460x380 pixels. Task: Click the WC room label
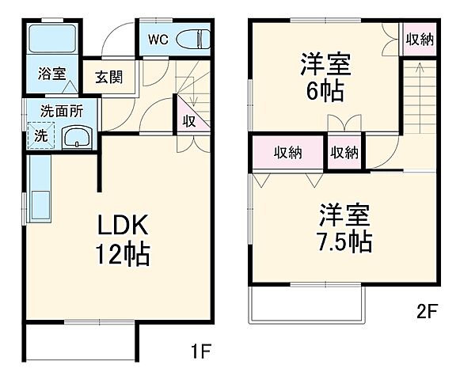pos(157,37)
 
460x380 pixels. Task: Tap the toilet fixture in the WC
pos(191,39)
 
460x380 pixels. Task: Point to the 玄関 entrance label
pos(110,78)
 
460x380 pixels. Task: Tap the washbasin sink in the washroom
pos(77,138)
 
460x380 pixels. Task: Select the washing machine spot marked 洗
pos(40,135)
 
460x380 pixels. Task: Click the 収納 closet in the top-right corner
pos(419,39)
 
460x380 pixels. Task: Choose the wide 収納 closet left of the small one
pos(288,153)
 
